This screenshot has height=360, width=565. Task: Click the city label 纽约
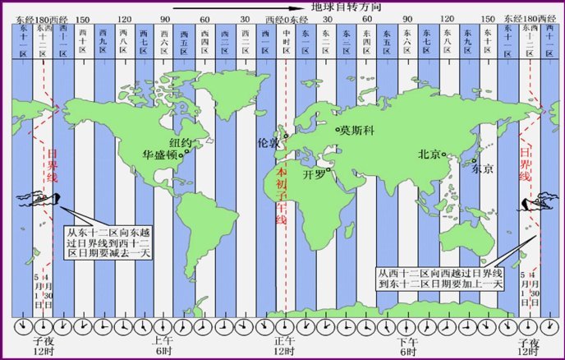click(x=180, y=142)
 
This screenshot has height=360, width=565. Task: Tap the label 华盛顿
click(x=160, y=154)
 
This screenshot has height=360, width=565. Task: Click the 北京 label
click(x=433, y=153)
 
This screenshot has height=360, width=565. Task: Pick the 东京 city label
click(x=482, y=169)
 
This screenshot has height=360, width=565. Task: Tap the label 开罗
click(x=315, y=174)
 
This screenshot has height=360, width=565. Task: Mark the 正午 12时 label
click(x=282, y=346)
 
